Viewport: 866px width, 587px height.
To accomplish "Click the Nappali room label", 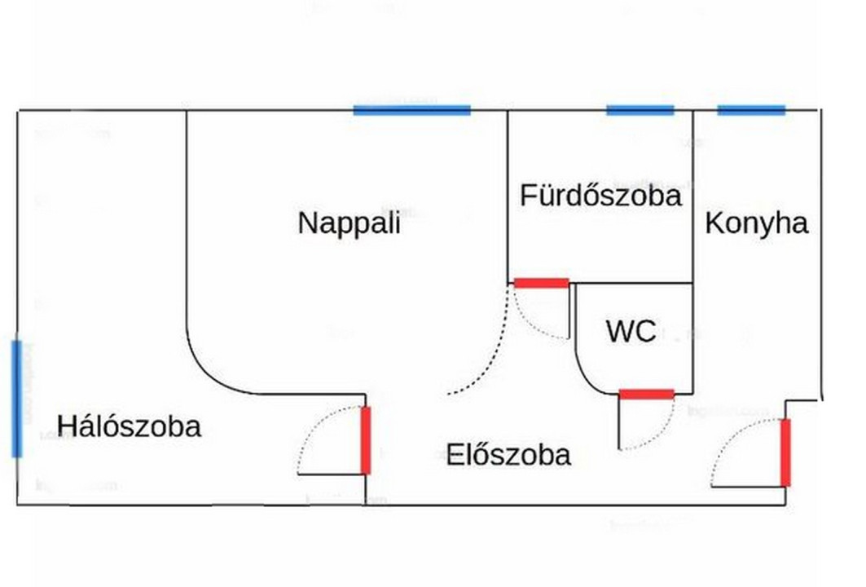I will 349,223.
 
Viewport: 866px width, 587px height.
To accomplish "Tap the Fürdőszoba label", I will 600,196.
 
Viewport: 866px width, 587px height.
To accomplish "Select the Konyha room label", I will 756,223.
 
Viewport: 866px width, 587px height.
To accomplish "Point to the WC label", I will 631,331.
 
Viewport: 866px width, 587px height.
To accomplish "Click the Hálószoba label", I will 129,426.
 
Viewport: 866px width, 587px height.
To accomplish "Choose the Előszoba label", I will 508,454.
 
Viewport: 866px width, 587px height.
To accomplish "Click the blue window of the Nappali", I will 412,110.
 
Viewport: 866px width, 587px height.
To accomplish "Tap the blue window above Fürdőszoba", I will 640,110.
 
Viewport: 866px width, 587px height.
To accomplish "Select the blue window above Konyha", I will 751,110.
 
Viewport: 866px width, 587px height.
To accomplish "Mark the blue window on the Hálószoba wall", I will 16,399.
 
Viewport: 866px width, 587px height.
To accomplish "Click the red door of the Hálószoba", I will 366,440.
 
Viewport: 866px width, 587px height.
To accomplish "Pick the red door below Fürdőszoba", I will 541,283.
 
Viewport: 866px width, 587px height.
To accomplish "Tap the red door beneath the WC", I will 647,395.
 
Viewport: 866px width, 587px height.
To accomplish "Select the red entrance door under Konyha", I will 785,452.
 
